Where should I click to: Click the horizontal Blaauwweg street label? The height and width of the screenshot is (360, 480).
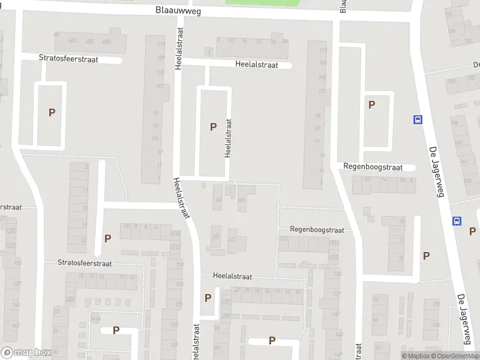pos(176,10)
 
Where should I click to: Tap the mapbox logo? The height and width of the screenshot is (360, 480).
pos(26,353)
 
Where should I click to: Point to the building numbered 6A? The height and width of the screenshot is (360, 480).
pos(218,199)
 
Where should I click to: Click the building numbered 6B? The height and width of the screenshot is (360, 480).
pos(241,200)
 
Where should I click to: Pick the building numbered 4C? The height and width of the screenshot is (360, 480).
pos(232,239)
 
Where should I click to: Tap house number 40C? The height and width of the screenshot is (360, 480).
pos(73,41)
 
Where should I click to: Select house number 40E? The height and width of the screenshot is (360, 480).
pos(89,41)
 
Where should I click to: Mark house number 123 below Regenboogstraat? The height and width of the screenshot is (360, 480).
pos(284,239)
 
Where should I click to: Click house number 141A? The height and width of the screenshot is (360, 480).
pos(95,319)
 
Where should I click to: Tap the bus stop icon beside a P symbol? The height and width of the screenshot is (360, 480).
pos(457,221)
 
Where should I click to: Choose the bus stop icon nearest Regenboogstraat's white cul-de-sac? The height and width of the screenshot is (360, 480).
pos(418,119)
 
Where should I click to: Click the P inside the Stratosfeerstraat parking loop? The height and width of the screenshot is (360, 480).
pos(52,112)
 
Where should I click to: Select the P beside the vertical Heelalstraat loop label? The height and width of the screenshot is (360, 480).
pos(212,127)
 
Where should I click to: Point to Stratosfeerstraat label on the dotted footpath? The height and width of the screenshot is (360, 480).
pos(85,263)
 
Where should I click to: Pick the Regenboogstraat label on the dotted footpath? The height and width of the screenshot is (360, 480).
pos(317,229)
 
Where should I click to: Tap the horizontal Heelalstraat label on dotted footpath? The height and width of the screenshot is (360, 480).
pos(232,277)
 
